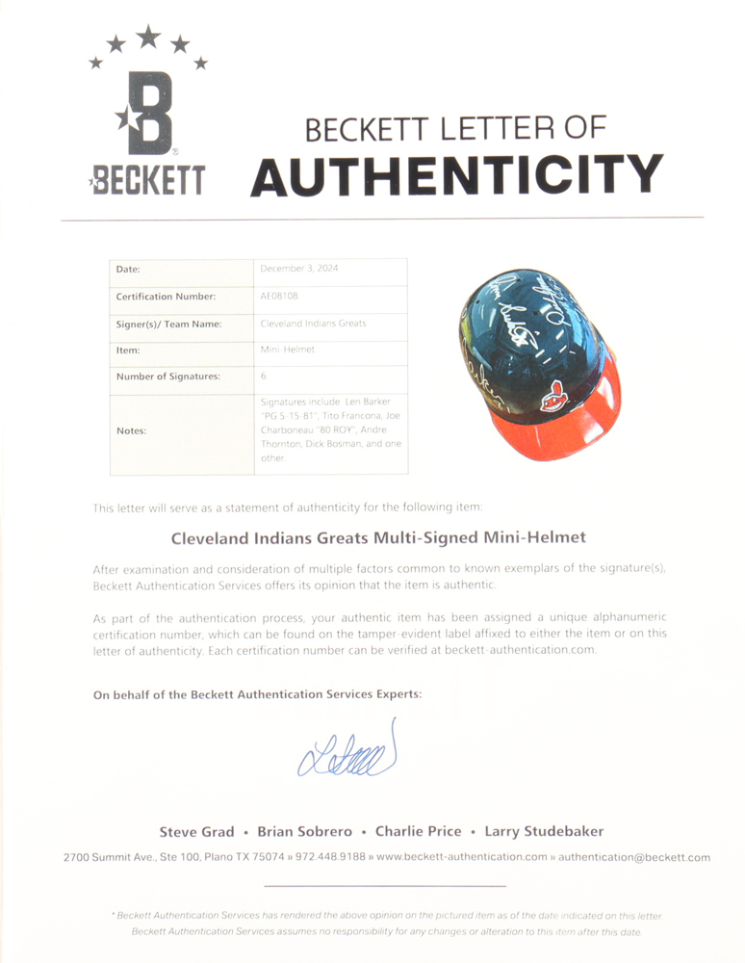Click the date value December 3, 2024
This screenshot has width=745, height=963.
point(299,270)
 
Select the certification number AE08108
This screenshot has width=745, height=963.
point(279,297)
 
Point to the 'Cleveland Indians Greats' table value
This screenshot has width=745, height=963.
point(313,324)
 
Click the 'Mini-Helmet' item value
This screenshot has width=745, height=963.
point(287,351)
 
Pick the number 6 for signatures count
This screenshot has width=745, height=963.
point(264,377)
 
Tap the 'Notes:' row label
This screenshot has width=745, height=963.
point(132,430)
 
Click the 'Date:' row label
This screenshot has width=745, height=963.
point(128,270)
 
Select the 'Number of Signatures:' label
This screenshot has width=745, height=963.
point(167,377)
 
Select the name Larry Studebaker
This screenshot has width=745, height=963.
point(545,831)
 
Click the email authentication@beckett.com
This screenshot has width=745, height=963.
point(633,857)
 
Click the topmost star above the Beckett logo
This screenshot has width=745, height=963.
point(147,37)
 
